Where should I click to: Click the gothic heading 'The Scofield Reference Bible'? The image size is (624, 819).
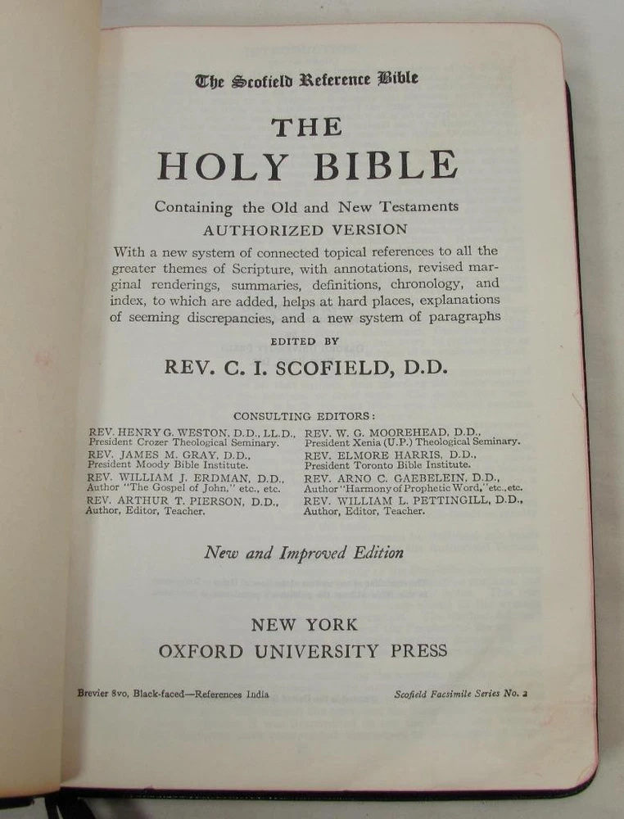306,79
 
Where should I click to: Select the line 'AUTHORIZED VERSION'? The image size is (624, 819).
305,229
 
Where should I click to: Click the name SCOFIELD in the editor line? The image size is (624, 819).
332,367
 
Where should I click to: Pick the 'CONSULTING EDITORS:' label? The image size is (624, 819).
304,416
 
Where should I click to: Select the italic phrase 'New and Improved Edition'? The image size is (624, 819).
303,553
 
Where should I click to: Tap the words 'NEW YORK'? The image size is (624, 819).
304,625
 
